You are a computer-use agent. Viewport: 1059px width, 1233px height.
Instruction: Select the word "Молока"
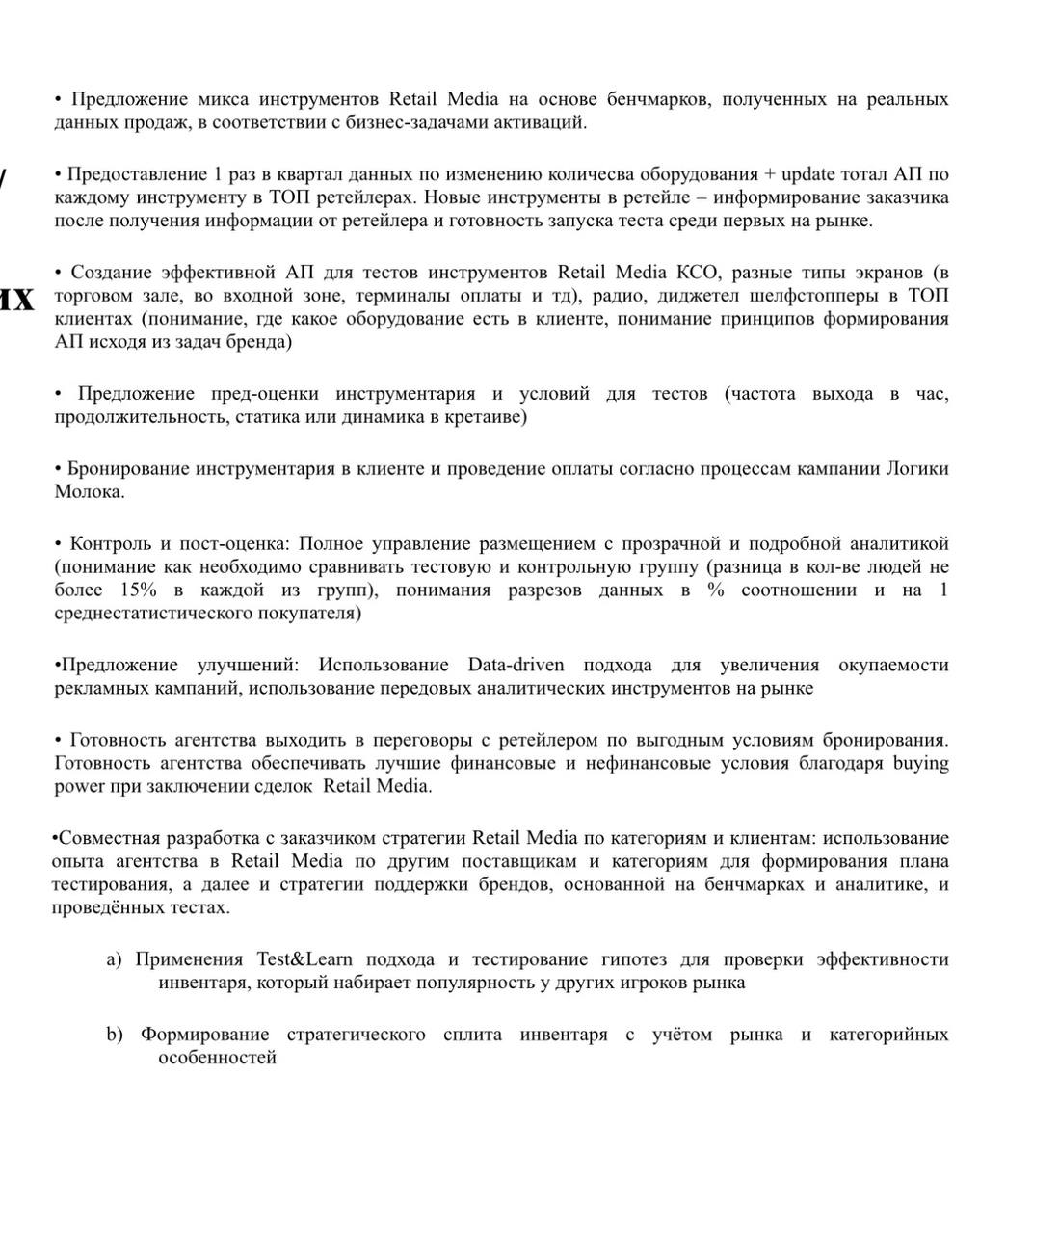point(89,492)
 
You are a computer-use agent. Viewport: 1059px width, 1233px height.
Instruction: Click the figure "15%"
point(140,590)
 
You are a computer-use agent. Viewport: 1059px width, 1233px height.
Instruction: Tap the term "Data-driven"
point(516,666)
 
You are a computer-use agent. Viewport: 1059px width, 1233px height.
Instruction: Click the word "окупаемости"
point(893,666)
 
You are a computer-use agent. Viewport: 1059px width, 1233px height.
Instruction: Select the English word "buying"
point(920,764)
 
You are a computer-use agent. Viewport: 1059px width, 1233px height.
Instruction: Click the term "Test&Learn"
point(304,960)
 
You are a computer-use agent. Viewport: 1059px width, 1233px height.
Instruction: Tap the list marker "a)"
point(115,960)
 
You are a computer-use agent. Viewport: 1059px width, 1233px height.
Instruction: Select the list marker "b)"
point(115,1036)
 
